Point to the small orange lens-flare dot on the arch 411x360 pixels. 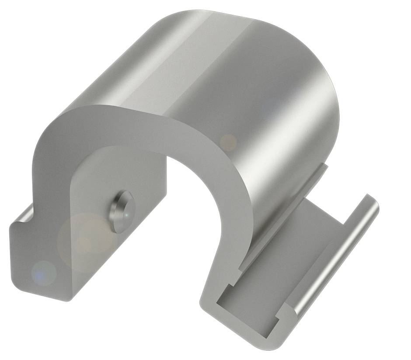228,142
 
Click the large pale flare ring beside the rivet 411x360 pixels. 83,238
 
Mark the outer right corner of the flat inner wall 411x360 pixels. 166,192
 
